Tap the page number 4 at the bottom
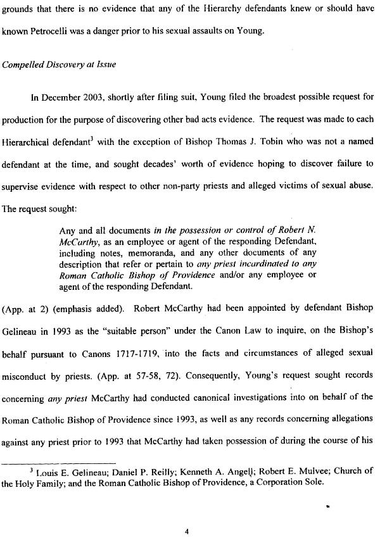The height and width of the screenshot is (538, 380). (x=187, y=513)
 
